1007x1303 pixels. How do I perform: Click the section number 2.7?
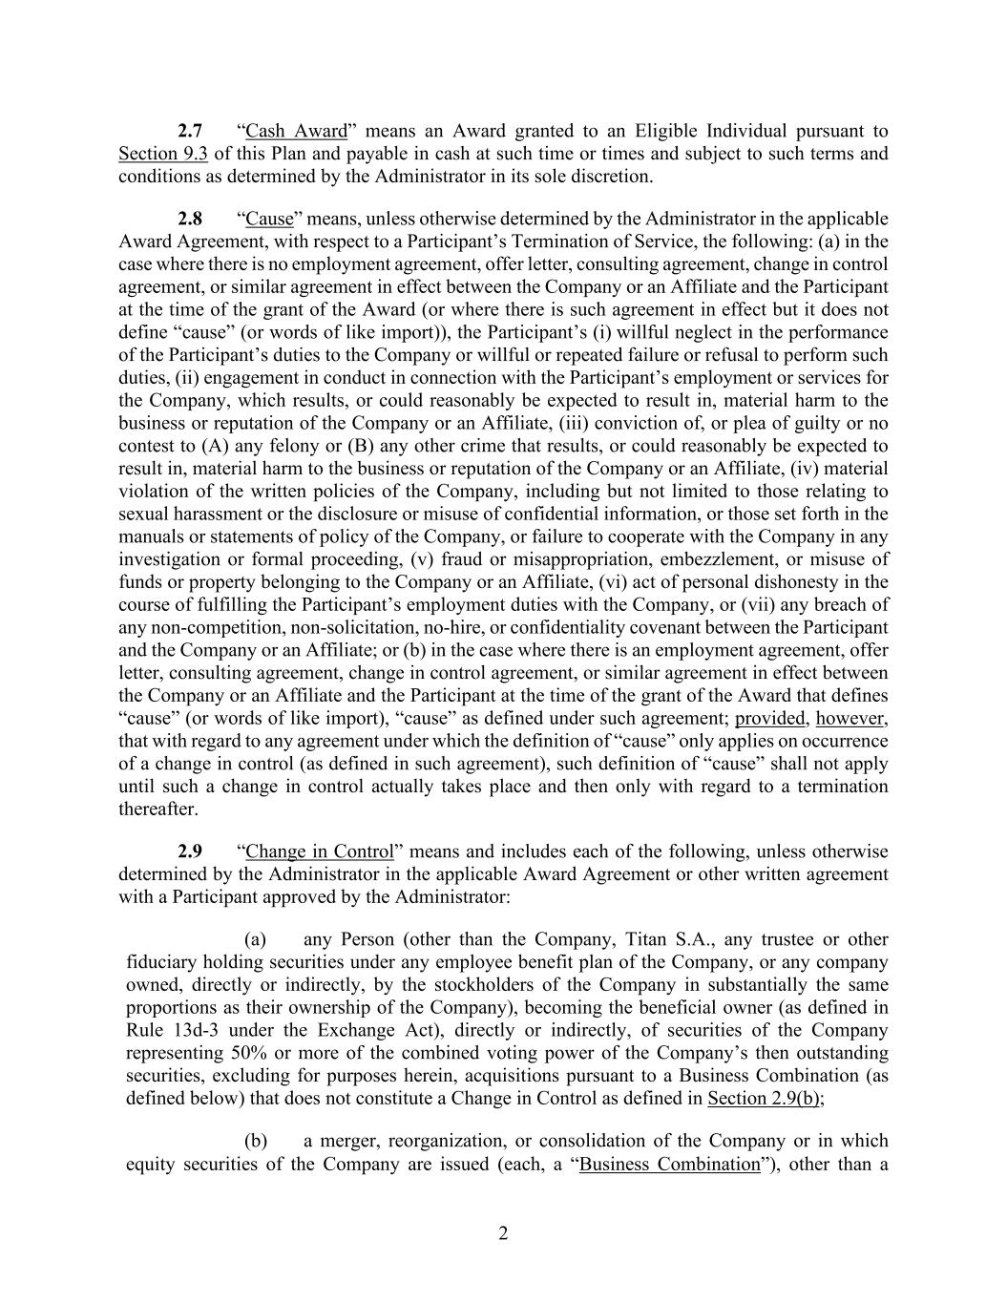(190, 131)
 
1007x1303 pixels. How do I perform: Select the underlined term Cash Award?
(296, 131)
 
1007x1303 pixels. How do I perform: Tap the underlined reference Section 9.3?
(163, 154)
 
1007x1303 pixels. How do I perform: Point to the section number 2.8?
(190, 219)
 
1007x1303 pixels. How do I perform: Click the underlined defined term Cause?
(269, 219)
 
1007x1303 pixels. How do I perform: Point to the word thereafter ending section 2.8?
(158, 809)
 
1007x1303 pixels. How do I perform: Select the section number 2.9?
(190, 851)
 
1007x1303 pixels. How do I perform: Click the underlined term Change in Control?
(320, 851)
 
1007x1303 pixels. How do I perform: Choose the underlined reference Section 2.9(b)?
(764, 1099)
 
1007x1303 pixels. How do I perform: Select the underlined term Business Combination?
(669, 1165)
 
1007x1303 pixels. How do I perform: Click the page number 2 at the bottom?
(503, 1233)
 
